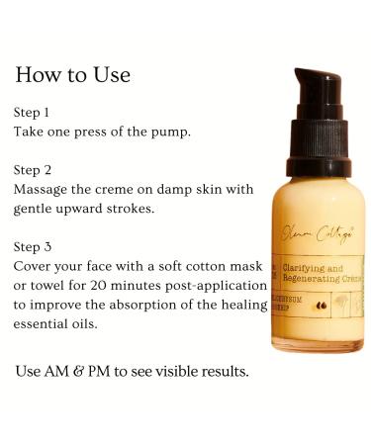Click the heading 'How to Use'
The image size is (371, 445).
click(x=73, y=75)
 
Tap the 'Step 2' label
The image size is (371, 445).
click(x=32, y=168)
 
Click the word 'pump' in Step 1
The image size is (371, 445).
click(x=175, y=131)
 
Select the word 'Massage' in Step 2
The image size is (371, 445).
click(x=44, y=188)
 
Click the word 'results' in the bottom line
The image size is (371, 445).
click(x=222, y=372)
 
